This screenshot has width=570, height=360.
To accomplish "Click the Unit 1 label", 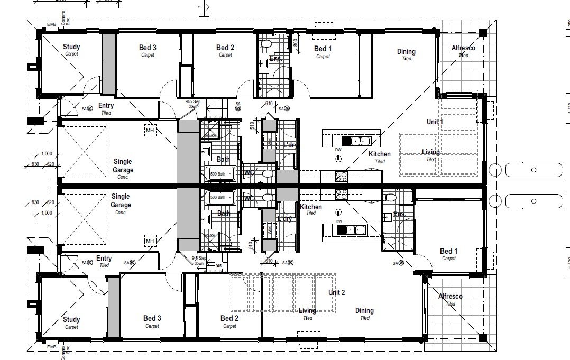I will pyautogui.click(x=434, y=122).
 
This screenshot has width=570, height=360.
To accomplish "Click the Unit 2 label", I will pyautogui.click(x=336, y=292).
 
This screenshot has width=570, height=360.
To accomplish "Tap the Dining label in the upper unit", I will pyautogui.click(x=406, y=52).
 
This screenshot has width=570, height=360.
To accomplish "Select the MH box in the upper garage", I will pyautogui.click(x=150, y=130).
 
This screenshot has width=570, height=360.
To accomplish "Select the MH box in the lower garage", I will pyautogui.click(x=150, y=241).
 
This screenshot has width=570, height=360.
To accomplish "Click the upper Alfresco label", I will pyautogui.click(x=463, y=48).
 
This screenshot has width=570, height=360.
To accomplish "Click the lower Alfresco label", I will pyautogui.click(x=450, y=297).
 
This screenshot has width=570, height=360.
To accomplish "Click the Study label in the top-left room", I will pyautogui.click(x=71, y=47).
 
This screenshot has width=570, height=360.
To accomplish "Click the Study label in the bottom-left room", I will pyautogui.click(x=71, y=319).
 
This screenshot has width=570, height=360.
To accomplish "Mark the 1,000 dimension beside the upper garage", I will pyautogui.click(x=46, y=154).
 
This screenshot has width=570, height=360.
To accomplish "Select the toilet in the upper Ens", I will pyautogui.click(x=266, y=43).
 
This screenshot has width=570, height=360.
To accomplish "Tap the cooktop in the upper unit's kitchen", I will pyautogui.click(x=341, y=176).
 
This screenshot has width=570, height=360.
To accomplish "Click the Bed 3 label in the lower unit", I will pyautogui.click(x=152, y=318).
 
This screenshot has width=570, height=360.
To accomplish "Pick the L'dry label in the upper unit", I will pyautogui.click(x=289, y=145).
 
